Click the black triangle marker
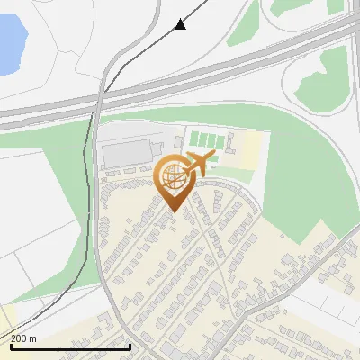181,24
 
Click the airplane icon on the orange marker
200,163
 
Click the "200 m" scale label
24,338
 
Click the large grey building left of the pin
126,153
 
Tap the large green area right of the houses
306,180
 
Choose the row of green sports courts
206,139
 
